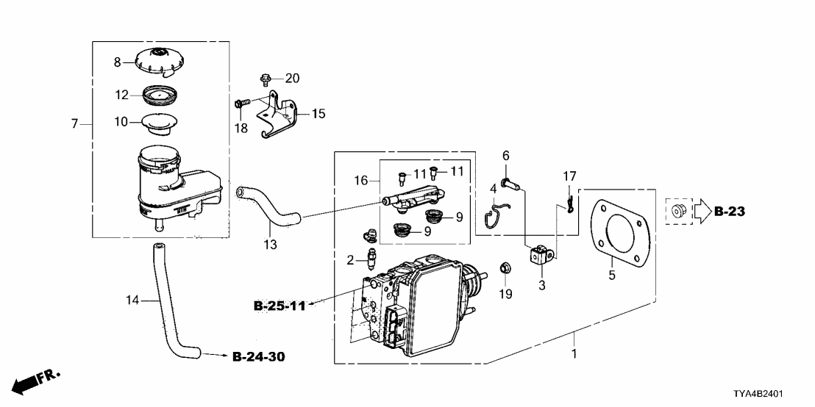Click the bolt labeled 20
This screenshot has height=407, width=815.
[x=265, y=79]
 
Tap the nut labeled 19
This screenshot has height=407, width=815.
[x=504, y=268]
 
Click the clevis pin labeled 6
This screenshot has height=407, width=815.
[x=509, y=183]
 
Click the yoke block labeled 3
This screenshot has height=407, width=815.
[x=541, y=255]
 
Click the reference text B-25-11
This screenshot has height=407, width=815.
[x=280, y=306]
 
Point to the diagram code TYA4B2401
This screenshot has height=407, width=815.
[x=758, y=394]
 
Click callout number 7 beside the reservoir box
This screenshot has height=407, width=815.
[x=74, y=124]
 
